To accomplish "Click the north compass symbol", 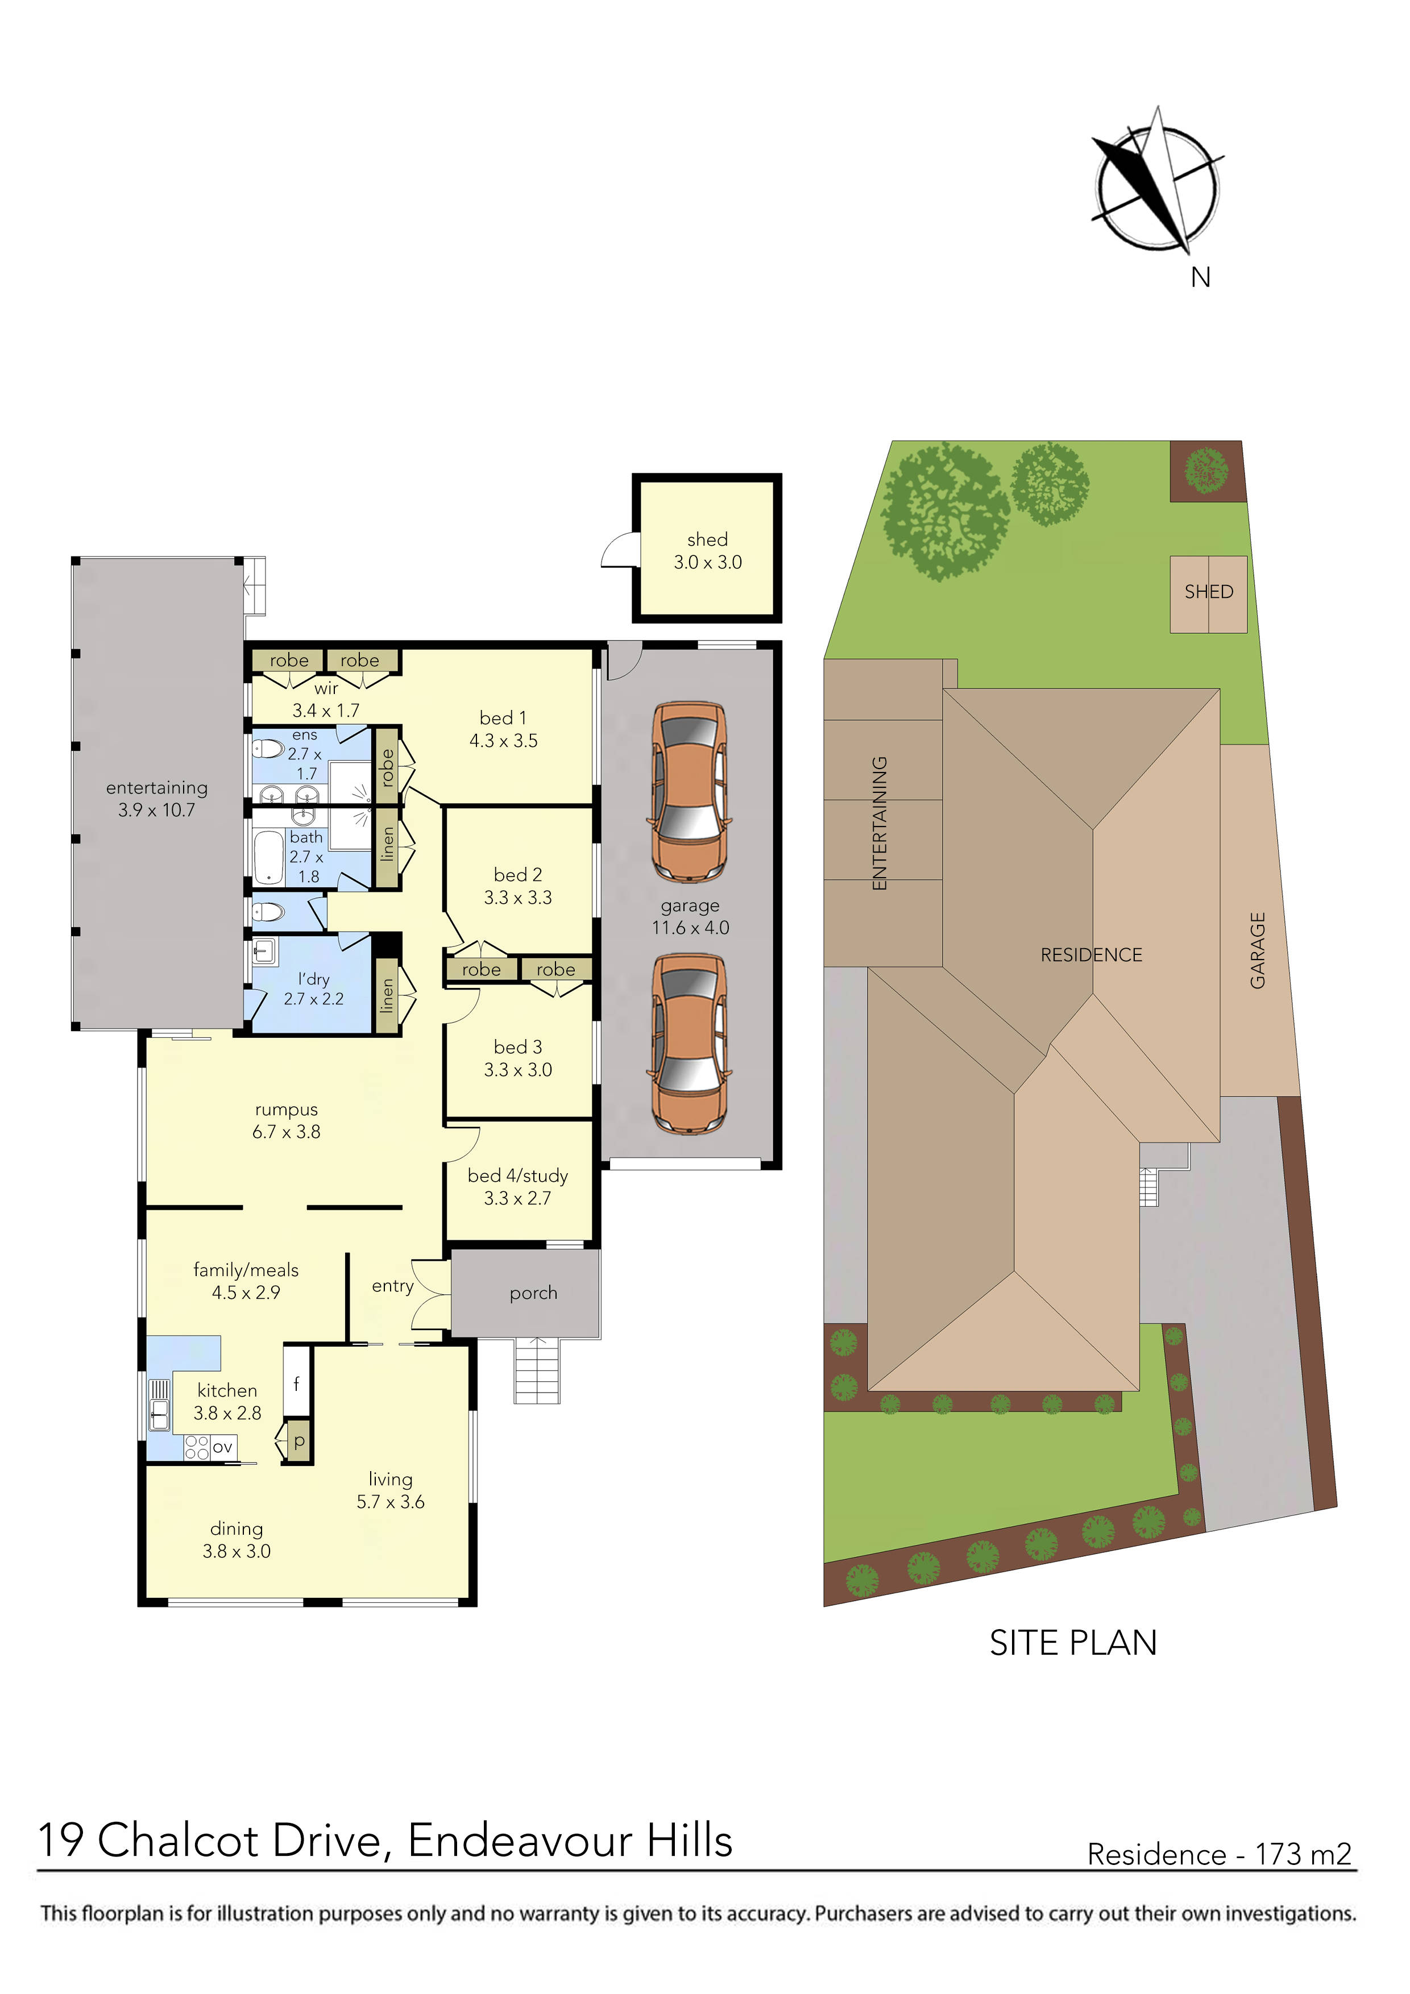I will click(1156, 186).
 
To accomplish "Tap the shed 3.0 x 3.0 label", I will click(707, 551).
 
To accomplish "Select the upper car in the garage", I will click(690, 792).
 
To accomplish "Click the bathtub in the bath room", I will click(269, 857).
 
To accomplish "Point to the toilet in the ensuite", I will click(268, 749).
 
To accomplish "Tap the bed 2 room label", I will click(518, 886).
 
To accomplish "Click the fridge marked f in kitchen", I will click(296, 1384).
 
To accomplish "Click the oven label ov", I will click(222, 1447).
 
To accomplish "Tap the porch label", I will click(533, 1293).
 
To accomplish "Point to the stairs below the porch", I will click(537, 1370).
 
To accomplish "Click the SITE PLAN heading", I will click(1073, 1643).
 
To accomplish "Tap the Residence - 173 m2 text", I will click(1219, 1854).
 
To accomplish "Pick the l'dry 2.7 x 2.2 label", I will click(314, 989).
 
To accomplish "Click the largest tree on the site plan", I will click(945, 510).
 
